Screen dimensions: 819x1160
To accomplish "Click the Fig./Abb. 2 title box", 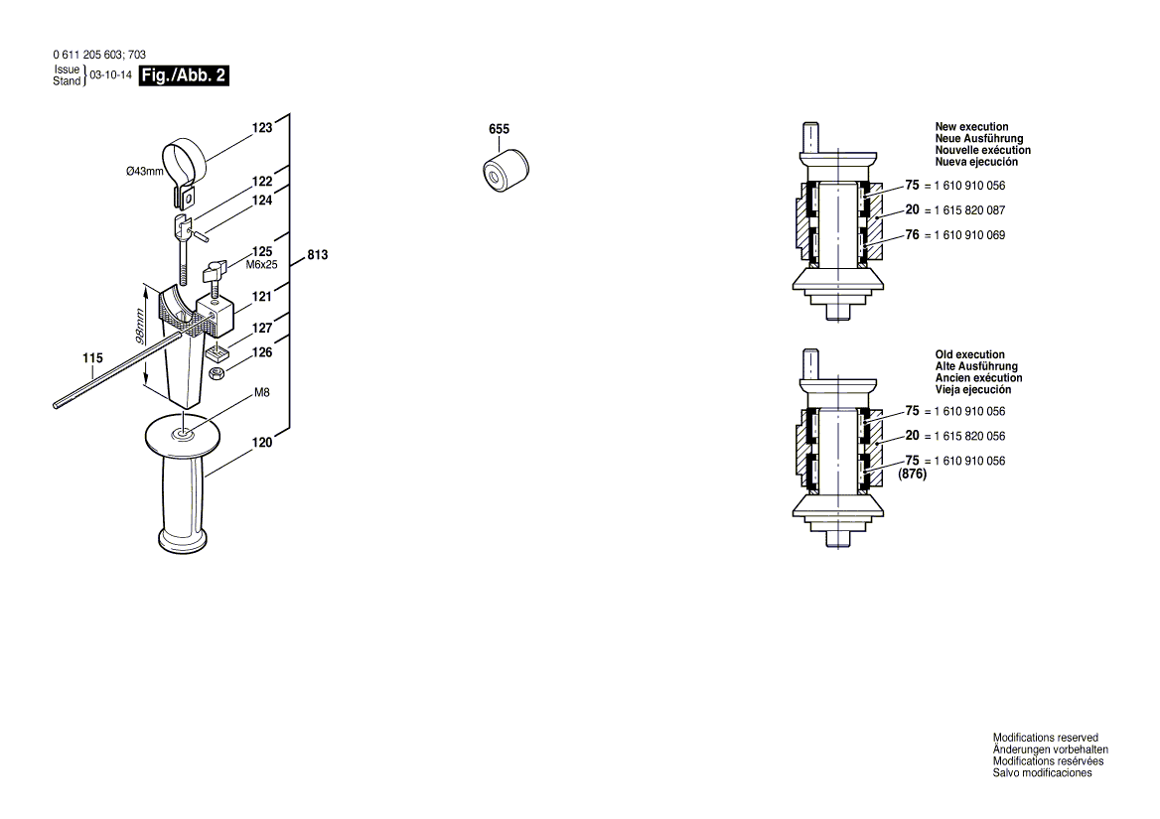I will click(x=185, y=75).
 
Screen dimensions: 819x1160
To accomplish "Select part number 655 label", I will click(x=499, y=130).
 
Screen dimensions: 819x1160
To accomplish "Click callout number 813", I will click(x=317, y=255).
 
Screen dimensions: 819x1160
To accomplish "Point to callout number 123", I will click(x=261, y=128).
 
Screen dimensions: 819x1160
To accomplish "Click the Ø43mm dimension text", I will click(x=144, y=172).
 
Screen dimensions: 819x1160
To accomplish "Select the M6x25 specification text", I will click(x=262, y=265).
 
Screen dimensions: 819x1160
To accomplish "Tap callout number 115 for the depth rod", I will click(x=92, y=357).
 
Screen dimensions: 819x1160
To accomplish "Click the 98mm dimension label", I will click(x=142, y=327).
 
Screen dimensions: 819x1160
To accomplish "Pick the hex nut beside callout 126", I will click(x=217, y=372).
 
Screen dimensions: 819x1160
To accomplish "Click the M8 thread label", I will click(x=262, y=393).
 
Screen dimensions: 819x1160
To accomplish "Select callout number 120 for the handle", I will click(x=261, y=444).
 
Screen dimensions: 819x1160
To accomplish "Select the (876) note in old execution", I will click(x=912, y=475).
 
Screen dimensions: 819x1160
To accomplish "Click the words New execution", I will click(x=971, y=127).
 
